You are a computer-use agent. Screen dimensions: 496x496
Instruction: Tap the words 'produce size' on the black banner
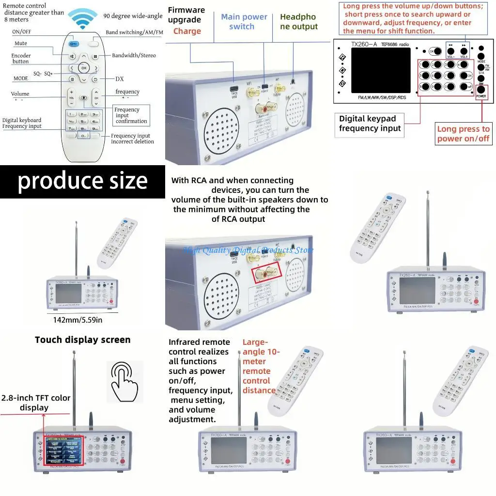click(82, 181)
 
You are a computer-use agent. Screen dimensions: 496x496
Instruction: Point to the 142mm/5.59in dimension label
click(77, 319)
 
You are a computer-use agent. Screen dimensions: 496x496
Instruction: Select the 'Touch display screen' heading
click(82, 340)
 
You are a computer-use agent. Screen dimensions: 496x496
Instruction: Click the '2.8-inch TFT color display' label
click(35, 403)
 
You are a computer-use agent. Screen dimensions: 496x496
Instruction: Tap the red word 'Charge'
click(187, 31)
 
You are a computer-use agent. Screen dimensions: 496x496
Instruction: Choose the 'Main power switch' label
click(244, 21)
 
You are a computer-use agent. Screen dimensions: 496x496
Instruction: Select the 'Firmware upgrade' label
click(186, 15)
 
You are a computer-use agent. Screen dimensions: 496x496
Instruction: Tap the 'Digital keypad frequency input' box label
click(370, 124)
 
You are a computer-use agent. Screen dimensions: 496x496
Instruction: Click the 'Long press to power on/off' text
click(463, 134)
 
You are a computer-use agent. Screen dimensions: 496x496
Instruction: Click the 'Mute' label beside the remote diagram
click(20, 44)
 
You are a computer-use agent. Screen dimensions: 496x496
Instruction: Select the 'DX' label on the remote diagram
click(120, 78)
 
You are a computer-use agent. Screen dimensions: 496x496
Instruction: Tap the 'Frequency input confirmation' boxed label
click(131, 115)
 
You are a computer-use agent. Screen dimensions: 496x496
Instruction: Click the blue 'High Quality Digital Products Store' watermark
click(248, 250)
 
